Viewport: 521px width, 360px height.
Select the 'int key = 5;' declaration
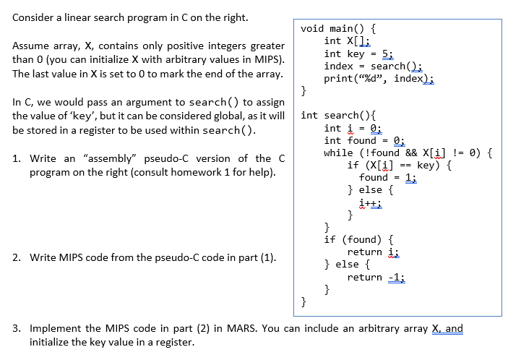(x=358, y=53)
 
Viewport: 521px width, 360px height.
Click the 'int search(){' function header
(x=334, y=115)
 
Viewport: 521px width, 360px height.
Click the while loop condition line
(x=408, y=153)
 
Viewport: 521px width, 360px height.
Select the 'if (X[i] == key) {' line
(x=400, y=165)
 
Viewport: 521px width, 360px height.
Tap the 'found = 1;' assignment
(x=387, y=177)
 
